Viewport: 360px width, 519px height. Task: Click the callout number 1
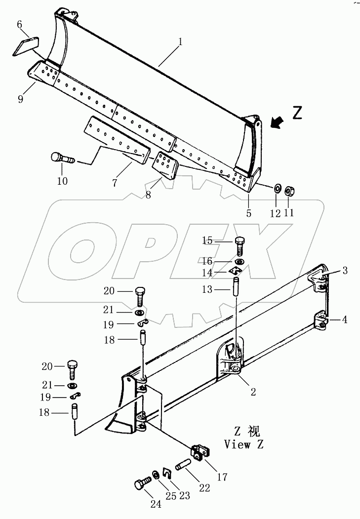(x=180, y=41)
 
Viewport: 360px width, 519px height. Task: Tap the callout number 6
(x=20, y=24)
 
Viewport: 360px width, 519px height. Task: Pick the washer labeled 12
(x=277, y=188)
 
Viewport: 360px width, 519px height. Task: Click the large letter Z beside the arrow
(x=297, y=113)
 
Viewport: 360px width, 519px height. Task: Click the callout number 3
(x=345, y=271)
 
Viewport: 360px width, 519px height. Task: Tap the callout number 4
(x=345, y=319)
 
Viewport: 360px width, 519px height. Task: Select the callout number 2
(x=253, y=392)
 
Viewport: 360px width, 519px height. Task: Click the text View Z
(x=243, y=444)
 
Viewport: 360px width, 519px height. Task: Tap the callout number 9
(x=21, y=99)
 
